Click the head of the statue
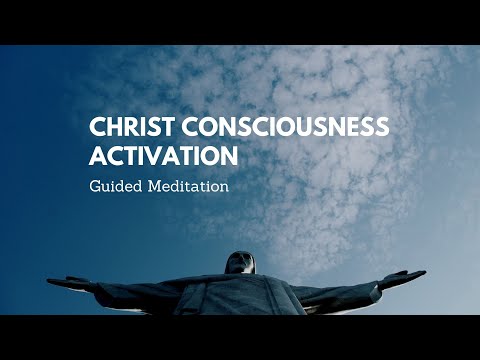point(240,263)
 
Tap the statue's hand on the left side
point(56,282)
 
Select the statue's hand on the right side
point(418,274)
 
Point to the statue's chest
point(240,295)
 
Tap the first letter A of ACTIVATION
point(98,159)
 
